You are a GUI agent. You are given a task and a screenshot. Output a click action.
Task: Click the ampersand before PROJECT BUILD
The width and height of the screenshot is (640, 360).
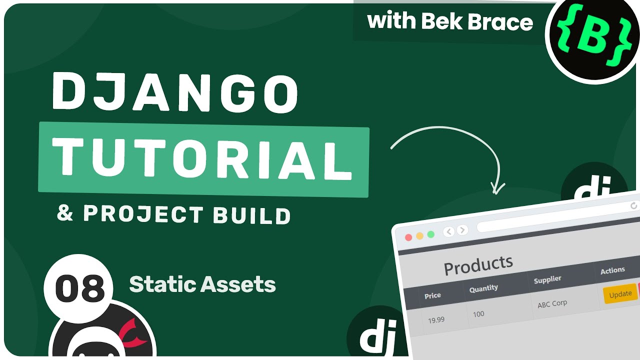point(65,213)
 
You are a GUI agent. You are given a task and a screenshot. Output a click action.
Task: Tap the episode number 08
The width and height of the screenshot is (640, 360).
point(80,289)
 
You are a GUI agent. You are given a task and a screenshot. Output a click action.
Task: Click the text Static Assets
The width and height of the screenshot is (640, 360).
point(202,285)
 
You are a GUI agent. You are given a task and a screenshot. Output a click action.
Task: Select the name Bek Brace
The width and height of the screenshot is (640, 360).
point(477,22)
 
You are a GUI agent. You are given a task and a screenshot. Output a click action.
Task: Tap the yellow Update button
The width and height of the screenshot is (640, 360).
point(620,294)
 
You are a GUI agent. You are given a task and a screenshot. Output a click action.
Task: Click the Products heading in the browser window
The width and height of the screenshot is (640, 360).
point(478,265)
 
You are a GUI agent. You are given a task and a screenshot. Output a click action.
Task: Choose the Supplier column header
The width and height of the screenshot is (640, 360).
point(547,279)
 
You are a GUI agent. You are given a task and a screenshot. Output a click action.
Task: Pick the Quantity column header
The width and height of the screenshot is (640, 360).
point(483,288)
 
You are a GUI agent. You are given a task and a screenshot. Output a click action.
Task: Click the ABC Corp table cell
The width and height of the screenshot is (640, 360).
point(552,303)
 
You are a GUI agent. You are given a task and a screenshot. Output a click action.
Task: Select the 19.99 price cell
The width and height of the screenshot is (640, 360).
point(436,319)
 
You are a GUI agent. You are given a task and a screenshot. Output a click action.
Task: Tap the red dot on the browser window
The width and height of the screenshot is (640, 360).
point(408,237)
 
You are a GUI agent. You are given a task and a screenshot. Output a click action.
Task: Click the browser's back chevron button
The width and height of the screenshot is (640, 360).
point(448,231)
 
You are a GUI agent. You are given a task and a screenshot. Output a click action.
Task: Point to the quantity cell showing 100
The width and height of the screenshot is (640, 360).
point(478,314)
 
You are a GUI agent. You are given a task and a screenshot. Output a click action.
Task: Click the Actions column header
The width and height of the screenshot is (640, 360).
point(612,270)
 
